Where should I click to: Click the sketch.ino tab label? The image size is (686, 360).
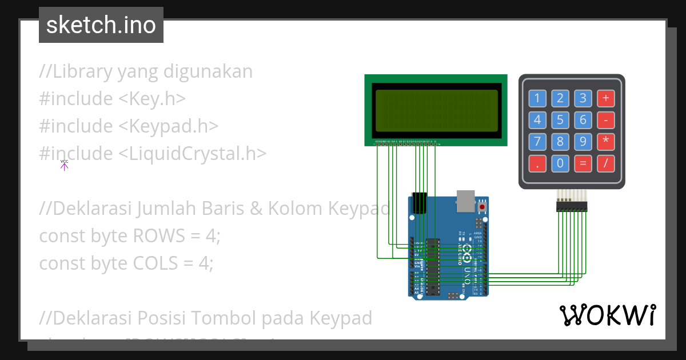101,25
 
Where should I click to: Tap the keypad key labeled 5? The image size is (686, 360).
560,120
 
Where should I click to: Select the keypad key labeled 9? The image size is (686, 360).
583,142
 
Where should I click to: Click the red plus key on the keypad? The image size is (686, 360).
605,98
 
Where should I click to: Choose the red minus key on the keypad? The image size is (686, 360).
605,120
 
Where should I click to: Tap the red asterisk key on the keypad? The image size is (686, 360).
605,142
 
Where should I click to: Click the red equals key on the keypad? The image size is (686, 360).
583,164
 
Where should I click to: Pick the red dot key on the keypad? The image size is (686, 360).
537,164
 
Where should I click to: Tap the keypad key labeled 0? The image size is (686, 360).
560,164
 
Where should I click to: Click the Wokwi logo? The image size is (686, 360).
608,315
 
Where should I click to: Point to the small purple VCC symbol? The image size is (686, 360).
64,165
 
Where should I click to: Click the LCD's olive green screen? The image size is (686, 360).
436,111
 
